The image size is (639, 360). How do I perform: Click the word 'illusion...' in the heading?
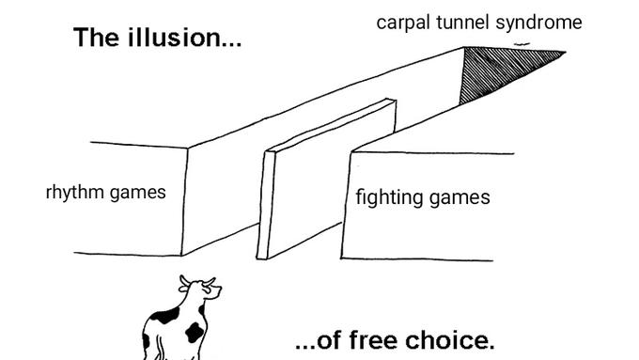[x=185, y=38]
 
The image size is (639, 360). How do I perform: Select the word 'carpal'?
[x=403, y=23]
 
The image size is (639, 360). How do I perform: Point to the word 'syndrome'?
[x=538, y=23]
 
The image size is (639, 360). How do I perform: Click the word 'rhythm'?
[x=75, y=193]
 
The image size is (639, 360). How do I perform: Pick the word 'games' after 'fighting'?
[x=460, y=198]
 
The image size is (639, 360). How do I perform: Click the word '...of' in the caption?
[x=319, y=341]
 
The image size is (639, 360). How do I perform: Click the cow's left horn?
[x=184, y=280]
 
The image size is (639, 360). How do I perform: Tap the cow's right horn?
[x=210, y=281]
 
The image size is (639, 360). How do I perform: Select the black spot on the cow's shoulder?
[x=165, y=316]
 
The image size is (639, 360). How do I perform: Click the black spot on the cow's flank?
[x=195, y=332]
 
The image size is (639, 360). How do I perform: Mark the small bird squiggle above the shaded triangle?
[x=522, y=43]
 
